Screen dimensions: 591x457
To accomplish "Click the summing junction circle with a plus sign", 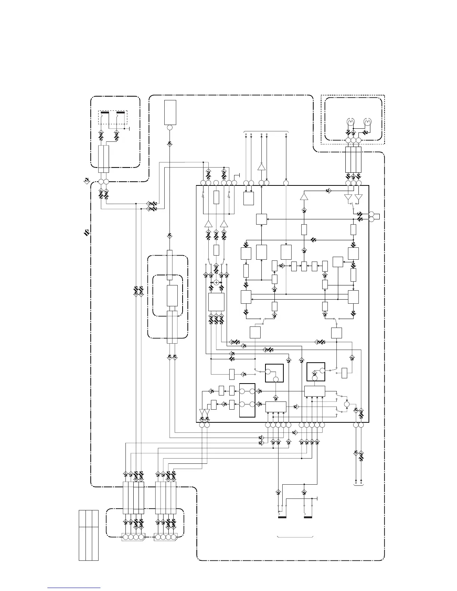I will [216, 282].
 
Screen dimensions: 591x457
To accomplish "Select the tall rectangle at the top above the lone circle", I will [170, 112].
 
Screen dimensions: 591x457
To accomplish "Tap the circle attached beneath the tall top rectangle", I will [170, 128].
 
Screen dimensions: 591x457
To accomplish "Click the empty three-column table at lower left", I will [88, 535].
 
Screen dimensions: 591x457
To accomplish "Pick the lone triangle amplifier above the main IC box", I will [261, 166].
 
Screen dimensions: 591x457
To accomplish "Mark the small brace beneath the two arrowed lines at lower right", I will [358, 485].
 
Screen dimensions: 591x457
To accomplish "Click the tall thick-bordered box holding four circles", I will [247, 400].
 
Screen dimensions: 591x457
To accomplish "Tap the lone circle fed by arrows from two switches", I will [346, 404].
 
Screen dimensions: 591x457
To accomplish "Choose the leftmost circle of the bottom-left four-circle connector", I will [126, 537].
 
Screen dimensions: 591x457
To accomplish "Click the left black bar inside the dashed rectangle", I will [105, 112].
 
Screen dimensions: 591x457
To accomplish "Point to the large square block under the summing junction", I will [216, 301].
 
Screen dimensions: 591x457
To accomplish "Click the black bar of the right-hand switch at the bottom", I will [308, 517].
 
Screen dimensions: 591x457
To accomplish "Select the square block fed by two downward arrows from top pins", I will [248, 198].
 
